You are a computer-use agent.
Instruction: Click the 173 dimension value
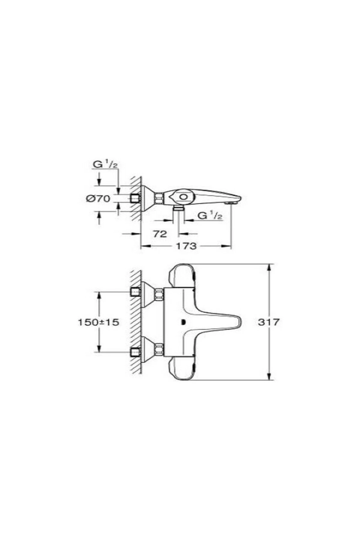point(186,246)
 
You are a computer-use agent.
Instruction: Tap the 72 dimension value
point(160,234)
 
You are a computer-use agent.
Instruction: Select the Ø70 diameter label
point(98,199)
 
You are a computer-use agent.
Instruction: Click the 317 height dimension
point(268,322)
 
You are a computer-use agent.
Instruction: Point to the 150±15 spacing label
point(98,322)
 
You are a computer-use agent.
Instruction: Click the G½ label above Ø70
point(104,164)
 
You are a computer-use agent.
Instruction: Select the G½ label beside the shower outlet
point(210,215)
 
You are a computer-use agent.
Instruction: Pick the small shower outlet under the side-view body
point(179,208)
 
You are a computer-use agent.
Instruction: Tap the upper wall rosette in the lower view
point(147,294)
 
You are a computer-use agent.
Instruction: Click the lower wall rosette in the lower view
point(147,349)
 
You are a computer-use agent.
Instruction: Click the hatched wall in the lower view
point(136,322)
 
